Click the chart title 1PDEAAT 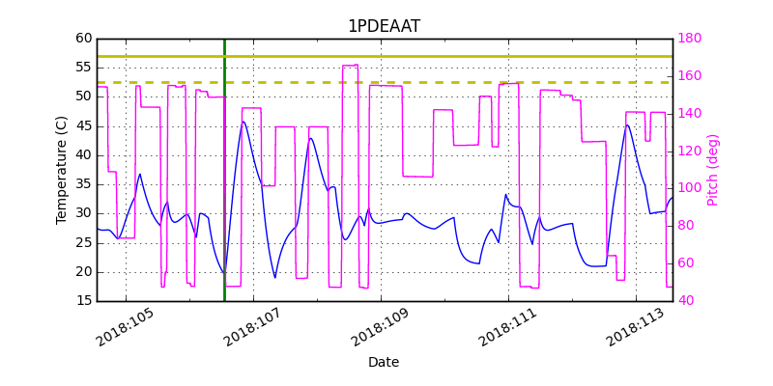coord(384,26)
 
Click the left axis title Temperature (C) coord(62,170)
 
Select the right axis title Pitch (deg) coord(713,170)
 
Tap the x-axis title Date coord(384,363)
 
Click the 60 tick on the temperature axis coord(84,39)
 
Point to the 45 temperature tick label coord(84,125)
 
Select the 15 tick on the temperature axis coord(84,301)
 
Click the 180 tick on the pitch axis coord(690,39)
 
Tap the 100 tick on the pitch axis coord(690,188)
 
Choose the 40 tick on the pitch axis coord(686,301)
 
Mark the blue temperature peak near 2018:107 coord(243,122)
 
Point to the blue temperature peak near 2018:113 coord(627,124)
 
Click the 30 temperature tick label coord(84,213)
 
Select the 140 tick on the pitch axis coord(690,114)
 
